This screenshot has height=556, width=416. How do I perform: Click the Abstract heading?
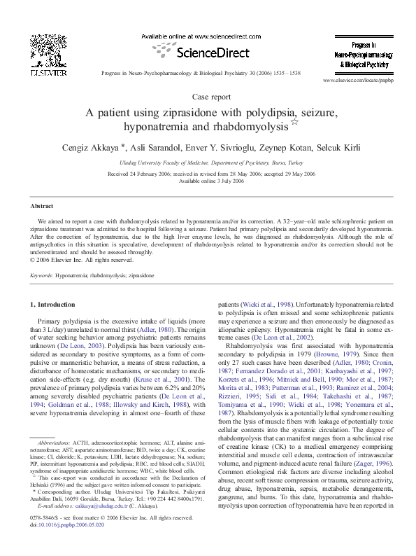(43, 207)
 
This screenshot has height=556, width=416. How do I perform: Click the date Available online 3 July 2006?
(208, 181)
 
